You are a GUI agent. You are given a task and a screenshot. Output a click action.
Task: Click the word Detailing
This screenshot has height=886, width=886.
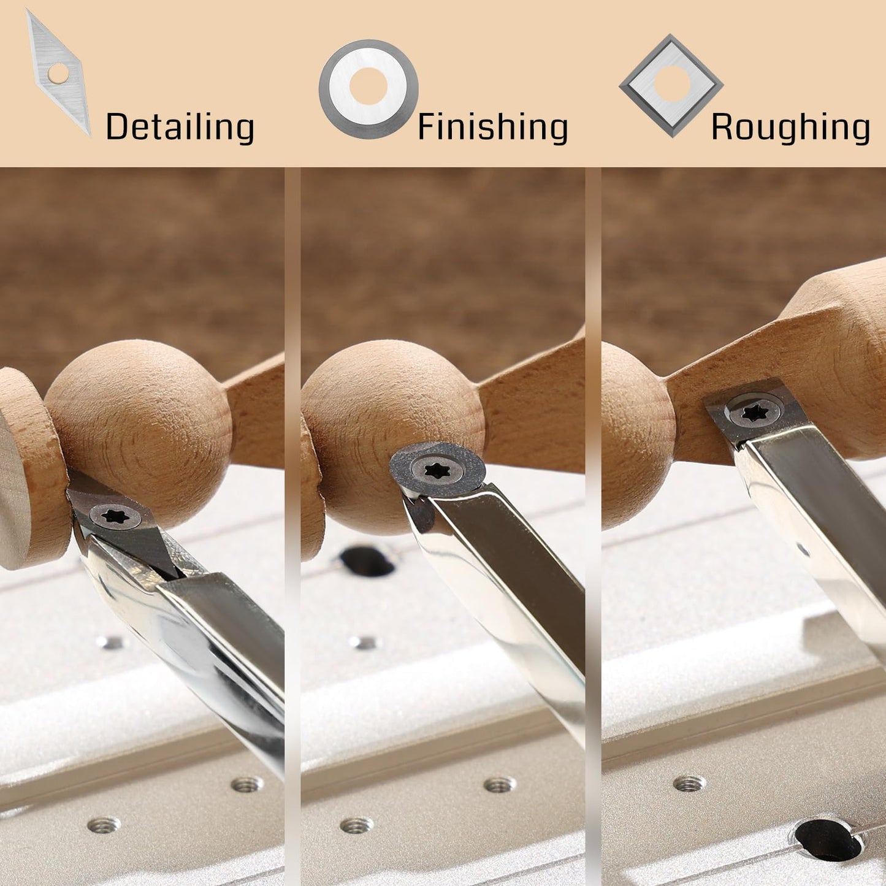[x=180, y=127]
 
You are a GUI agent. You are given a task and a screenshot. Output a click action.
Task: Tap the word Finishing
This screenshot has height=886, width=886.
[x=492, y=127]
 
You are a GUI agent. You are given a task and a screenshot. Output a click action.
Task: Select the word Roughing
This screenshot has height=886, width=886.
[x=790, y=127]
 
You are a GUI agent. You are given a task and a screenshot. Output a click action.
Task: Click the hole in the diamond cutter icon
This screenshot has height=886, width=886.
[x=58, y=74]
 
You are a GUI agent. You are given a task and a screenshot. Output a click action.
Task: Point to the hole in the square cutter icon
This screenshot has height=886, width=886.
[x=672, y=83]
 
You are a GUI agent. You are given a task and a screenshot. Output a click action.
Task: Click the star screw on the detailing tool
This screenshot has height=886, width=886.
[x=115, y=516]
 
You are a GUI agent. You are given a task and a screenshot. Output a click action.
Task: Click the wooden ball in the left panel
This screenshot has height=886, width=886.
[x=139, y=433]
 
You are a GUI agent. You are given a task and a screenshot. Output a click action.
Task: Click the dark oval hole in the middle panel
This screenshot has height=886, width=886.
[x=367, y=561]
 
